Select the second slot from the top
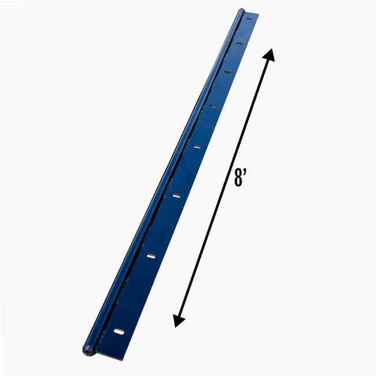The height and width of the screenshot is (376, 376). (x=238, y=43)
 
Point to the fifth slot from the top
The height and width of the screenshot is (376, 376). (x=197, y=148)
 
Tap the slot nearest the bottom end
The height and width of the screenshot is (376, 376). (x=119, y=331)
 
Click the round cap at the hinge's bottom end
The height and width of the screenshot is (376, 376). (x=87, y=349)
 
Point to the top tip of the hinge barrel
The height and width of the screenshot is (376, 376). (x=241, y=11)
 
